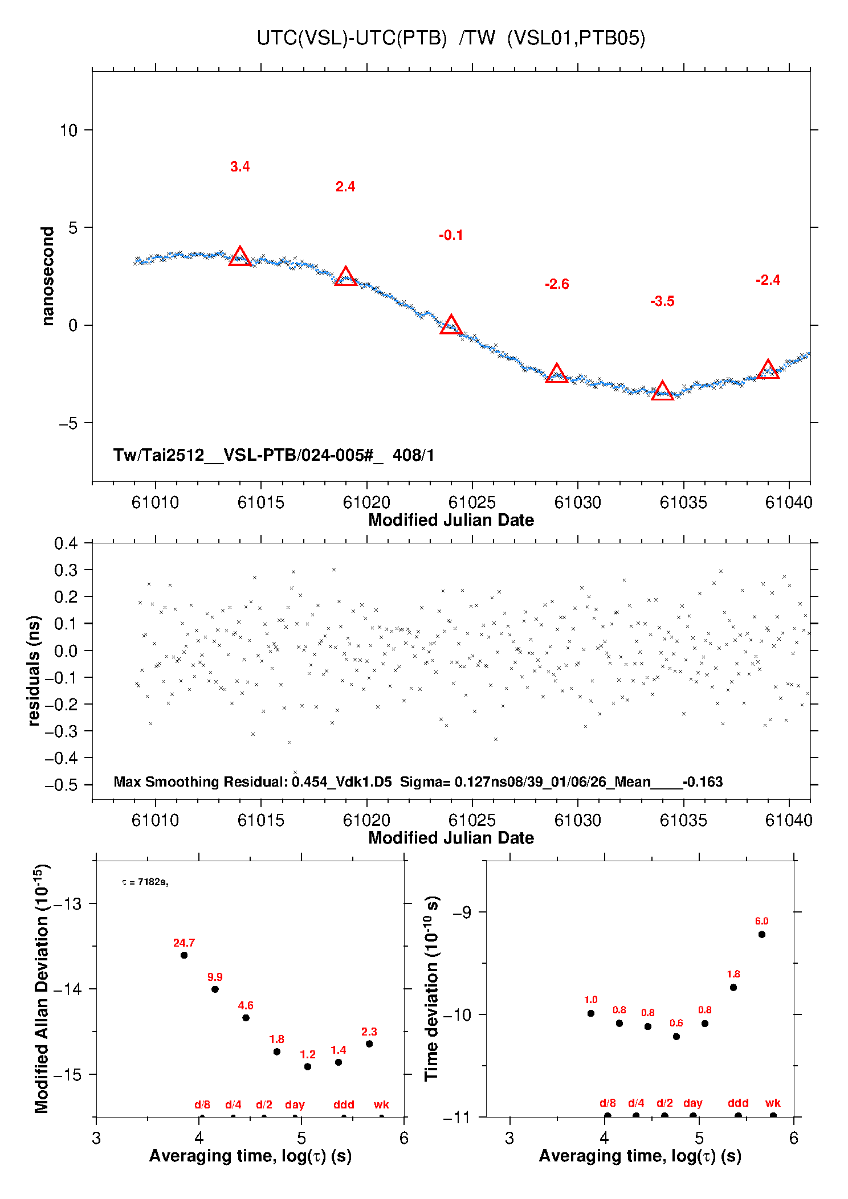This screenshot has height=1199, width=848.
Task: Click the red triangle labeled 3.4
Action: click(x=240, y=257)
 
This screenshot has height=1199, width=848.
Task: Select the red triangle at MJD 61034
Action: click(x=662, y=391)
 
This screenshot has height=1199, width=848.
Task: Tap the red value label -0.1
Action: click(x=451, y=235)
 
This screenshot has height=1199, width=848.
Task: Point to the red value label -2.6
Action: click(x=557, y=284)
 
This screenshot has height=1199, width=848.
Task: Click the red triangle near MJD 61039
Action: click(x=768, y=370)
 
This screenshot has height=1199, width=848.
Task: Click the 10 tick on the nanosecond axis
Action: click(x=68, y=130)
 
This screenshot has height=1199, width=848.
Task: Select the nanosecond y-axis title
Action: click(x=48, y=276)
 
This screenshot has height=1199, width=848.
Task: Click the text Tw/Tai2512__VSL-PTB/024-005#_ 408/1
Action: click(x=274, y=455)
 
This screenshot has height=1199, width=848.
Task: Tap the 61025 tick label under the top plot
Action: click(x=472, y=502)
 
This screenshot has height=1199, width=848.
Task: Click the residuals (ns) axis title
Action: click(x=34, y=670)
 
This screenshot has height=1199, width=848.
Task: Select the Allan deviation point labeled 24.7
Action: click(x=184, y=955)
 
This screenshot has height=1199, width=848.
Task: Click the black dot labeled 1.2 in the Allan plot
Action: click(x=308, y=1067)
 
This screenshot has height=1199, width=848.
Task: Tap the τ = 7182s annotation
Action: click(x=145, y=882)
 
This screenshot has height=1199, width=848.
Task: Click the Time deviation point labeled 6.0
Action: click(x=762, y=935)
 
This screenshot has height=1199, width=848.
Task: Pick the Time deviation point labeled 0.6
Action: click(x=676, y=1037)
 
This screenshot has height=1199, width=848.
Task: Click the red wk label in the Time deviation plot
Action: click(x=773, y=1103)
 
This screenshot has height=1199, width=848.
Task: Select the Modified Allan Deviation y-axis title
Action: click(x=42, y=988)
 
